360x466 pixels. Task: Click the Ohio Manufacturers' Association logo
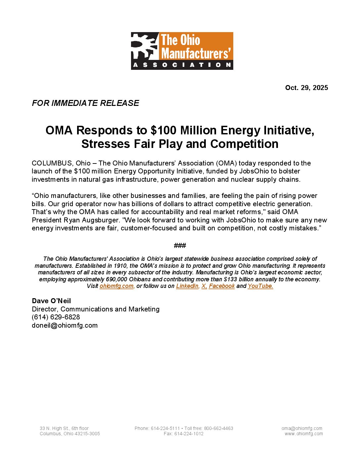[182, 51]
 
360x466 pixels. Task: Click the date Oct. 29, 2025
[306, 88]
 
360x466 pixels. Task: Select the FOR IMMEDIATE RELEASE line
[85, 103]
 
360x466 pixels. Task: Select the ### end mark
[180, 246]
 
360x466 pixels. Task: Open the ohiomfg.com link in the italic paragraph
[116, 286]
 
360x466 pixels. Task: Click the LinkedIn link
[187, 286]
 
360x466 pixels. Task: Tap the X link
[204, 286]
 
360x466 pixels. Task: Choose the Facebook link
[222, 286]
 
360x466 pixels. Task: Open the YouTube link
[260, 286]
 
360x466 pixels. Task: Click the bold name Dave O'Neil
[51, 301]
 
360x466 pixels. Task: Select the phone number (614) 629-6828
[56, 317]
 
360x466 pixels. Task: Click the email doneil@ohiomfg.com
[65, 325]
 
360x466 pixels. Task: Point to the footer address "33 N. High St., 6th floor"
[64, 428]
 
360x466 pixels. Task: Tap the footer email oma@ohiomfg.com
[302, 428]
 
